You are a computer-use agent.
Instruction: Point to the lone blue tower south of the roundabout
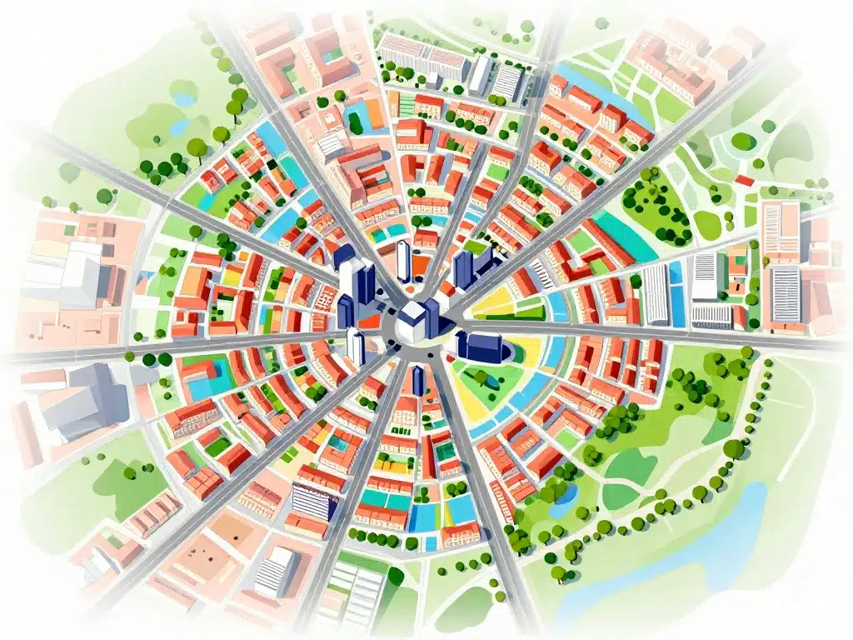418,380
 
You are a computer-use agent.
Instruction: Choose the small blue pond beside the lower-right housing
564,494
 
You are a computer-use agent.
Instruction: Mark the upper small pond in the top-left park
184,99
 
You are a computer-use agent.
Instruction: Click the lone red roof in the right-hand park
744,179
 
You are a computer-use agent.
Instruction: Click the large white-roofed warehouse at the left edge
62,271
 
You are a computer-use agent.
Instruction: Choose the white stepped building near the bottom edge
277,571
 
